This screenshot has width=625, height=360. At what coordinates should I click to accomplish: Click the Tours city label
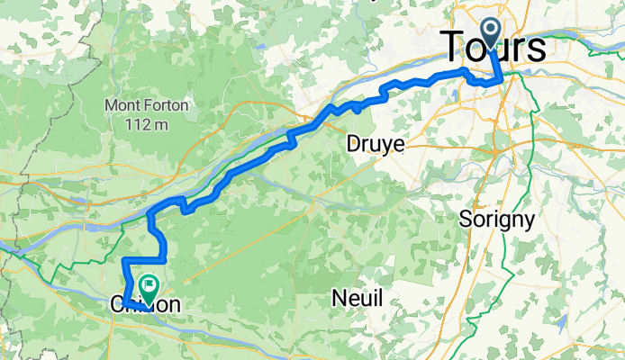(x=494, y=49)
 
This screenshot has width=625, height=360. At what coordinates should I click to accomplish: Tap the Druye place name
(x=376, y=144)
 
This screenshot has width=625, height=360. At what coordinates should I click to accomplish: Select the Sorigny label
(x=497, y=219)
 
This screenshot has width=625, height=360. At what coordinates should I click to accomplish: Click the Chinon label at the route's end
(x=145, y=305)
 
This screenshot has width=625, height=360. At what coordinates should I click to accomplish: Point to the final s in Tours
(x=537, y=50)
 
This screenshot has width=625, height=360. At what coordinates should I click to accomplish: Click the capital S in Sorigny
(x=466, y=219)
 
